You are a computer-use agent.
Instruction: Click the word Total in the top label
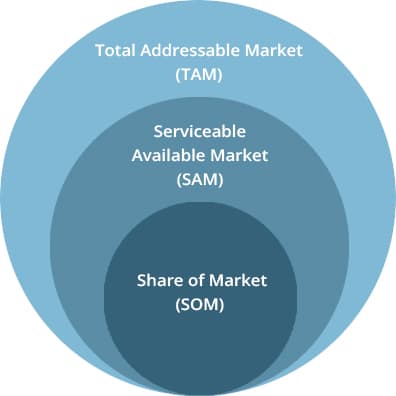[x=115, y=51]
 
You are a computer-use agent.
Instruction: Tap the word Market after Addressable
[x=274, y=51]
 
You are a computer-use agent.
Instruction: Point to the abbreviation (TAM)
[x=199, y=75]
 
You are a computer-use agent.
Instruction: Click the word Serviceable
[x=200, y=131]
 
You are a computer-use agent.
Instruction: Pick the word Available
[x=168, y=156]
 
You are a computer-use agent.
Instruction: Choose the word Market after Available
[x=239, y=156]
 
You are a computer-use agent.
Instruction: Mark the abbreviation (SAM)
[x=200, y=180]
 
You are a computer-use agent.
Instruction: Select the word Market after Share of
[x=238, y=280]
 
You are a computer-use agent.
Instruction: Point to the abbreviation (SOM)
[x=200, y=305]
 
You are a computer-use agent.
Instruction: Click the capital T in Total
[x=101, y=51]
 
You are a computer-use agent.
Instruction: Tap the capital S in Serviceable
[x=158, y=131]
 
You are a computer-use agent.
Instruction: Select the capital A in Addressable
[x=146, y=51]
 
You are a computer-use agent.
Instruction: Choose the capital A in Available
[x=138, y=156]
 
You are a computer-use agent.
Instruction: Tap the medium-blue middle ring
[x=77, y=233]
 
